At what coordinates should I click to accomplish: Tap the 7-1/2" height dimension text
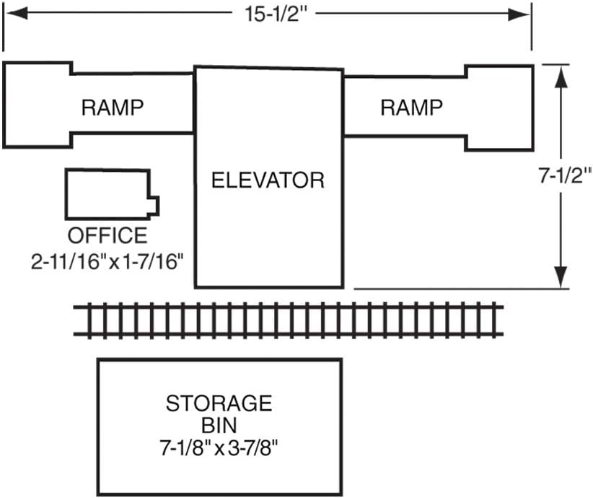565,175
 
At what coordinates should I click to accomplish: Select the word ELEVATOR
268,180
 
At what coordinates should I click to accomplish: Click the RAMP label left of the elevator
113,108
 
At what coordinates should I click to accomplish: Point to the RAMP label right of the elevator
411,108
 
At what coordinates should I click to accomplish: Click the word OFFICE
107,235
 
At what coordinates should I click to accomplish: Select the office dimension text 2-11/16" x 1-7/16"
107,261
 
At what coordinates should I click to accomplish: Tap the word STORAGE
219,403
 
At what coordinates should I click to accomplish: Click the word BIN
219,425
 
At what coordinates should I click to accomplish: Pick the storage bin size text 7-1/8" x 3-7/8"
219,449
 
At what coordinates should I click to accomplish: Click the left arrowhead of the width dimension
17,14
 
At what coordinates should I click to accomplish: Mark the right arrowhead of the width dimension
519,14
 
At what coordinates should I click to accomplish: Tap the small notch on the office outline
154,206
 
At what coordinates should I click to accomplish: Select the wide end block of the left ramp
37,105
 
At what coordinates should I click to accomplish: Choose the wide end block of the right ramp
500,108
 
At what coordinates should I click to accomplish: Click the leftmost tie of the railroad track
89,320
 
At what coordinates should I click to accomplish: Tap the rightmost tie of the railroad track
495,320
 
